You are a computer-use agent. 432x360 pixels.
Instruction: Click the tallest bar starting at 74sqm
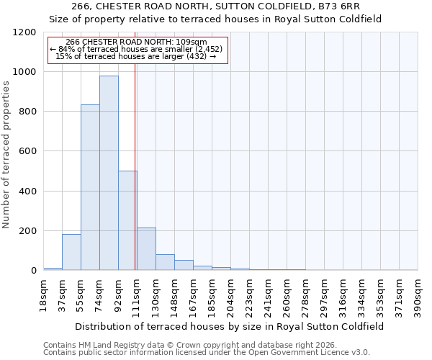point(109,173)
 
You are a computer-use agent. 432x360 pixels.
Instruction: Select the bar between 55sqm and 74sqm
point(90,187)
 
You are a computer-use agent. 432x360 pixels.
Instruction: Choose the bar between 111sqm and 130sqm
point(146,249)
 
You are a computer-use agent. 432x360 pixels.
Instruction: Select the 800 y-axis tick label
point(27,112)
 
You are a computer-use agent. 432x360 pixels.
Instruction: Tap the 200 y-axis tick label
point(27,231)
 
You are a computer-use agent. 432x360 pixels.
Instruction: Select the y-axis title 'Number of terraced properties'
point(6,155)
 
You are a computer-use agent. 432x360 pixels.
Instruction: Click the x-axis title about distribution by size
point(230,326)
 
